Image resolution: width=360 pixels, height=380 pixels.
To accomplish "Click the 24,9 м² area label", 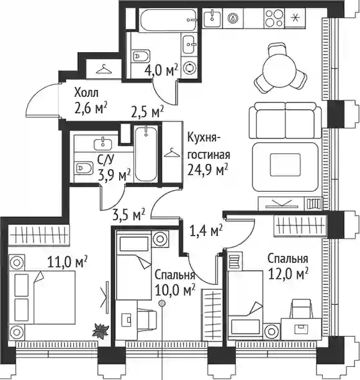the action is click(x=207, y=170).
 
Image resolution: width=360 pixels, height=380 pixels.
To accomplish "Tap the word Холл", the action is click(x=86, y=93).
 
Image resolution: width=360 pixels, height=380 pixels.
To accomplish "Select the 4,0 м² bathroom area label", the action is click(x=161, y=70).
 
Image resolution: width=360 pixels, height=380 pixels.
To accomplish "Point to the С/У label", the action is click(x=106, y=160).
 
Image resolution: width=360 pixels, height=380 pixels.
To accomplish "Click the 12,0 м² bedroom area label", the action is click(x=288, y=274).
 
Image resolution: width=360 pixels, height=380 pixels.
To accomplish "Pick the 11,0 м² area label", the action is click(x=68, y=262).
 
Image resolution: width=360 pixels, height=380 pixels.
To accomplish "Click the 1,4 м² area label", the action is click(x=205, y=231).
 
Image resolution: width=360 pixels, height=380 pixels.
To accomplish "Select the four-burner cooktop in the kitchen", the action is click(x=274, y=17).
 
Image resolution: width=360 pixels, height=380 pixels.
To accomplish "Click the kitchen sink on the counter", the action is click(x=212, y=18).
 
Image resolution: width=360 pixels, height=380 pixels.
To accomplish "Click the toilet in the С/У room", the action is click(x=84, y=168).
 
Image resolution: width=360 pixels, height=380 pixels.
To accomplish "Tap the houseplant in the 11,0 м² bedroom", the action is click(x=100, y=330).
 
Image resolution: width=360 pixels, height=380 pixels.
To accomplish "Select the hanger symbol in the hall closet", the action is click(x=104, y=69).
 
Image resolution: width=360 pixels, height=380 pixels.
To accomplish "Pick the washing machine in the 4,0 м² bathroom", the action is click(x=189, y=68).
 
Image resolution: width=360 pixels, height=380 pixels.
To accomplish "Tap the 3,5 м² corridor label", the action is click(x=128, y=215).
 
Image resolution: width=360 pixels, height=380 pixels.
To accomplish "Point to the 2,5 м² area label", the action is click(x=147, y=112).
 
